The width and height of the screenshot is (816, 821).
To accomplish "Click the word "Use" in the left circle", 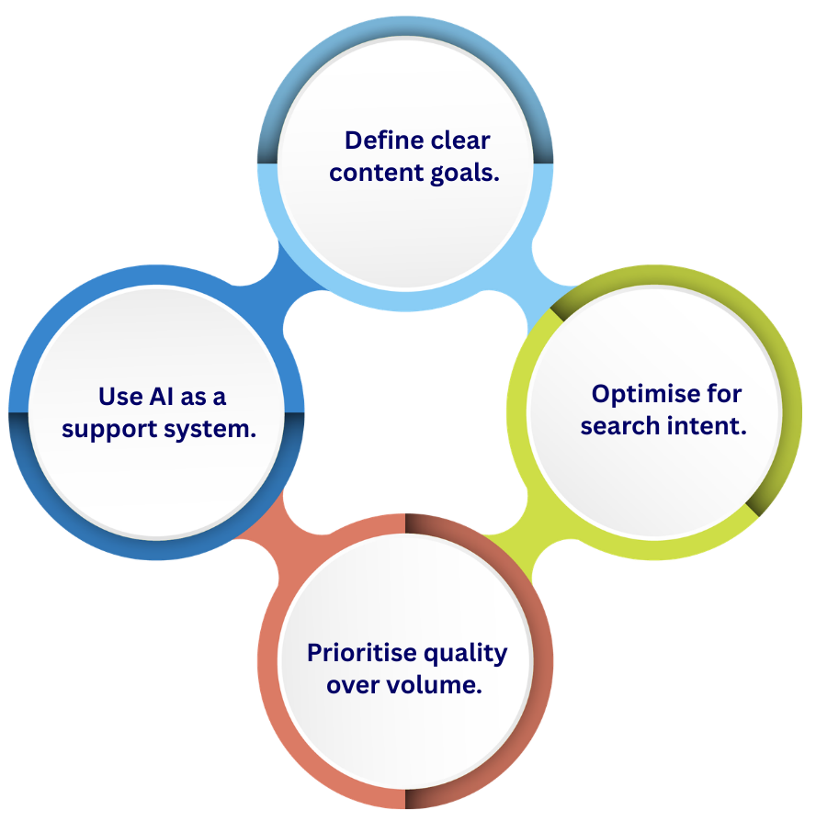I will click(119, 397).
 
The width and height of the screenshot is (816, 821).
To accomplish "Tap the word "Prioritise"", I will click(361, 653).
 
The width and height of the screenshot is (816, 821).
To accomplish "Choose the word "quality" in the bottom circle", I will click(465, 653).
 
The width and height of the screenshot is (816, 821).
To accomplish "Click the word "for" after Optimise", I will click(725, 394).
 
